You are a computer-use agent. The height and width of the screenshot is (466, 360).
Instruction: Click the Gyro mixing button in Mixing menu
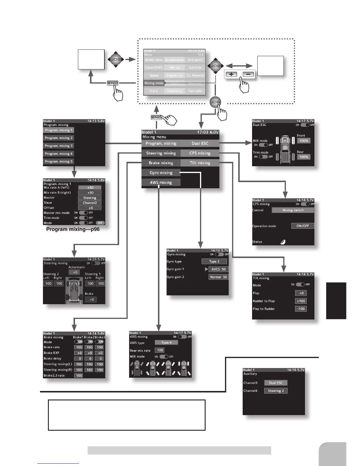click(161, 173)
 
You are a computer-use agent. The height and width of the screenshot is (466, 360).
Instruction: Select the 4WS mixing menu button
click(161, 182)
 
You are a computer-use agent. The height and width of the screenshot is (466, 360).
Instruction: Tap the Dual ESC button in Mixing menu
click(200, 144)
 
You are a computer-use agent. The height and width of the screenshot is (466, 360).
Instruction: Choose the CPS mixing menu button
click(200, 153)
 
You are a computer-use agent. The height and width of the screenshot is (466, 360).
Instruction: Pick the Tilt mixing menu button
click(200, 163)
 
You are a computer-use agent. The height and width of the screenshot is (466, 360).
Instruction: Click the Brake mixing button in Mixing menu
click(161, 163)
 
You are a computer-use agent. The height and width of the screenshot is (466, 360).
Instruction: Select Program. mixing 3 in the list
click(59, 146)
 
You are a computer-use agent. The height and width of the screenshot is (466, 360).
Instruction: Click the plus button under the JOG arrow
click(231, 74)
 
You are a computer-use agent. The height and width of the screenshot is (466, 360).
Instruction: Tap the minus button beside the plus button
click(248, 74)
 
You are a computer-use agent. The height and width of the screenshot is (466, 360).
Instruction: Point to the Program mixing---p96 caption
click(73, 229)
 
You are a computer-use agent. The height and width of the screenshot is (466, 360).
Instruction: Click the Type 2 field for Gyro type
click(214, 262)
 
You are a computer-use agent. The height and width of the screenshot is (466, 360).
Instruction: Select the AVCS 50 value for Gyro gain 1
click(219, 269)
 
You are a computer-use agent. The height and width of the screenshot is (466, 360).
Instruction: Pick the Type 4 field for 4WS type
click(166, 342)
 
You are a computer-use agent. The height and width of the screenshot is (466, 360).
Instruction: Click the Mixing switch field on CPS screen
click(293, 210)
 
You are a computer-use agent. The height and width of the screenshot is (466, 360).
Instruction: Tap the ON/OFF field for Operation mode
click(303, 226)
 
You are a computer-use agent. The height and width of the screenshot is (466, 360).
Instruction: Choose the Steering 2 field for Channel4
click(276, 391)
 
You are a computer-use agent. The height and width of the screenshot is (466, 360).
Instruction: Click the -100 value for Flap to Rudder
click(301, 309)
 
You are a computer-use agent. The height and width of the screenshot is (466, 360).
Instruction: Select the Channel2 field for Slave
click(90, 203)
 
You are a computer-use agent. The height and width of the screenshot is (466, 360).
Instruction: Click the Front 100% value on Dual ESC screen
click(304, 141)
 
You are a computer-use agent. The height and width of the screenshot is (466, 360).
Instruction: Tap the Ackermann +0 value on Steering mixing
click(75, 272)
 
